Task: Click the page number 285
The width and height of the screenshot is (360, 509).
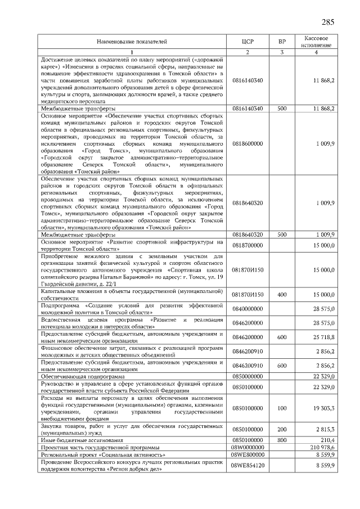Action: [328, 22]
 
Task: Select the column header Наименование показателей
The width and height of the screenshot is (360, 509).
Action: [132, 42]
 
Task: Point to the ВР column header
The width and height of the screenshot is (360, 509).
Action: [282, 42]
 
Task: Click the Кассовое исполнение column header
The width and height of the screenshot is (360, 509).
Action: [316, 42]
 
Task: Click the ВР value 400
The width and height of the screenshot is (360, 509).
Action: [282, 294]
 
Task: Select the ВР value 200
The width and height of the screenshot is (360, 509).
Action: [282, 429]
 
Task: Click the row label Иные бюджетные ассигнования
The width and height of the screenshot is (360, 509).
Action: [78, 440]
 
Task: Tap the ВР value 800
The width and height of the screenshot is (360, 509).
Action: [282, 440]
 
